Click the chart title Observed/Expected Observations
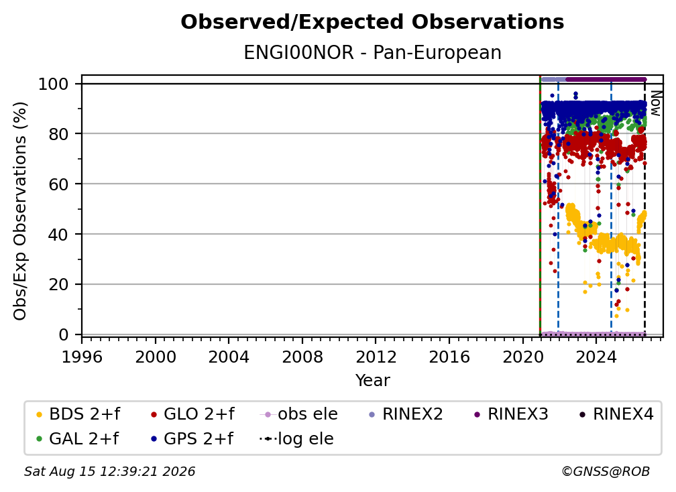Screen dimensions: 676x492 [372, 22]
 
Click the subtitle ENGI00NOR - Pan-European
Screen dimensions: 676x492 [372, 52]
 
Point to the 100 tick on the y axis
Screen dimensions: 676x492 [59, 84]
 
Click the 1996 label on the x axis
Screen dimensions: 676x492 [82, 357]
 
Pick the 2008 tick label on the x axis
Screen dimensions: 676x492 [302, 357]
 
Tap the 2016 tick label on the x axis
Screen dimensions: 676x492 [449, 357]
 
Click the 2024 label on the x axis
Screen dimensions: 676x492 [596, 357]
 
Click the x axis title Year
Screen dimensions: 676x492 [372, 381]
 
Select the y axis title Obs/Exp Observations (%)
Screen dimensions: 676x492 [20, 211]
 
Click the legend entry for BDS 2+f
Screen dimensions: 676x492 [78, 414]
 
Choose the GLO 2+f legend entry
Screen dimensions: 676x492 [192, 414]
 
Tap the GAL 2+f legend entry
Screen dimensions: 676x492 [77, 438]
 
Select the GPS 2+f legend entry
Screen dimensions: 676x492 [191, 438]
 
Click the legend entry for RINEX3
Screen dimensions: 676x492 [511, 414]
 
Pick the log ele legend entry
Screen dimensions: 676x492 [296, 438]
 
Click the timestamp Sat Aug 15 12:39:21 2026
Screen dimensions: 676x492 [109, 472]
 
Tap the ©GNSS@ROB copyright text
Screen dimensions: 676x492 [606, 472]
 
